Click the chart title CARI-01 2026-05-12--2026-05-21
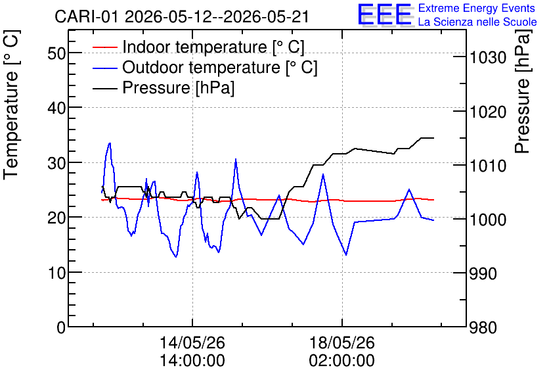(x=182, y=16)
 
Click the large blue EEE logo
(x=385, y=14)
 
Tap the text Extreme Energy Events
(x=477, y=8)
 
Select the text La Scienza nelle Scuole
(x=477, y=22)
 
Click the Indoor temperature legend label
(x=213, y=47)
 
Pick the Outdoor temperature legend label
(x=219, y=67)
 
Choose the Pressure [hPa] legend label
(x=178, y=87)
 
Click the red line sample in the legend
(x=104, y=47)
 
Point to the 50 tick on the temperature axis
(x=56, y=53)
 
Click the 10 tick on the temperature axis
(x=56, y=272)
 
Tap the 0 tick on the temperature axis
(x=61, y=327)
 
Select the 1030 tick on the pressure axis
(x=487, y=57)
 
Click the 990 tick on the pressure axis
(x=483, y=273)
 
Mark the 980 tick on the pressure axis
(x=483, y=328)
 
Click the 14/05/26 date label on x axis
(x=192, y=342)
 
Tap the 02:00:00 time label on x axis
(x=341, y=360)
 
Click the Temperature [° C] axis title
(x=12, y=105)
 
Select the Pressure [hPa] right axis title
(x=523, y=91)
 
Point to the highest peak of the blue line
(x=110, y=143)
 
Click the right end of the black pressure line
(x=433, y=138)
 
